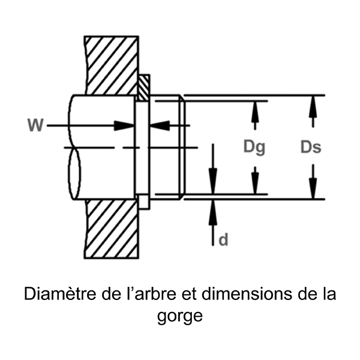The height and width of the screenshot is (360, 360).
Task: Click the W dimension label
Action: (x=35, y=125)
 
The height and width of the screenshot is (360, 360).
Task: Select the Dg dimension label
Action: (x=254, y=147)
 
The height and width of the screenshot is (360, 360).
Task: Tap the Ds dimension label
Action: (x=310, y=147)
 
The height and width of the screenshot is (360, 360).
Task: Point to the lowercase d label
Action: (x=223, y=240)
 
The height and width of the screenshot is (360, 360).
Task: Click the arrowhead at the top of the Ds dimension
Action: (x=311, y=103)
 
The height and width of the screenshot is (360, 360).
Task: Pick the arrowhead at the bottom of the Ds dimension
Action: (x=311, y=191)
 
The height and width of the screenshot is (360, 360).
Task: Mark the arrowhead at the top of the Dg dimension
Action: (x=255, y=108)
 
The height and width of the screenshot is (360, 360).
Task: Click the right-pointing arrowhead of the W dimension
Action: (x=125, y=125)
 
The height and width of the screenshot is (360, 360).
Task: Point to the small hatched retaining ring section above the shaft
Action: (x=143, y=88)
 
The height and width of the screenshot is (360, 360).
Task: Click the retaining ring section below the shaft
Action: (x=143, y=201)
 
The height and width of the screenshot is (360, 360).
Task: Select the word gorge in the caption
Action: (x=180, y=316)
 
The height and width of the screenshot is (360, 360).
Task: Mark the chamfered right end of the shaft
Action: (x=181, y=147)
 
